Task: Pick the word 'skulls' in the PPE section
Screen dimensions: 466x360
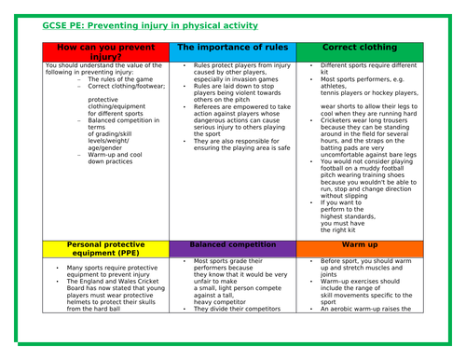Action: click(x=155, y=301)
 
